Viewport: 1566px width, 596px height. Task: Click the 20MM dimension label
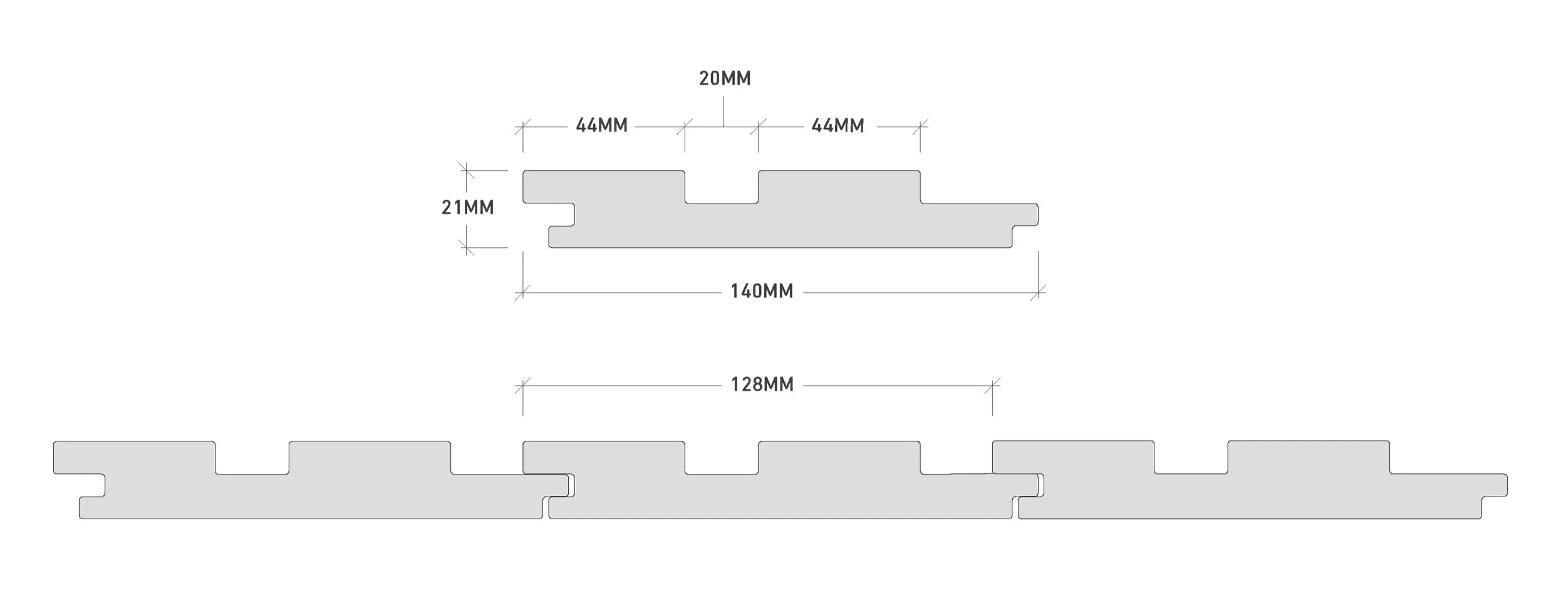725,79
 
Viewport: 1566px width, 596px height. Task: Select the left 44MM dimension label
601,126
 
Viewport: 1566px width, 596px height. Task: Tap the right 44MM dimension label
837,126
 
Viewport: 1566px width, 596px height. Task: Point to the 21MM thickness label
467,207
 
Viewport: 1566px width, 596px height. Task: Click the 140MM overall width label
762,292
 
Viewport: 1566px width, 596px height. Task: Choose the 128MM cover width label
762,384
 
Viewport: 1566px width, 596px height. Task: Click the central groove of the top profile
722,188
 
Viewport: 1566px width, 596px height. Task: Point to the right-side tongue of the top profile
1025,215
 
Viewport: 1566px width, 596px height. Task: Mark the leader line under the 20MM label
723,111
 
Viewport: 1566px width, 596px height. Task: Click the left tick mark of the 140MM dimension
522,292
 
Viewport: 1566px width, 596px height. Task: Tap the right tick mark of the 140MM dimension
1038,292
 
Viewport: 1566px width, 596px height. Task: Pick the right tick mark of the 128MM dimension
992,386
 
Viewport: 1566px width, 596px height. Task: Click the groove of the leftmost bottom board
252,458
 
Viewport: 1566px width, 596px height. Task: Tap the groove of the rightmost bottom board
1191,458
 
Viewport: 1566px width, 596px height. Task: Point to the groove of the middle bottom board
722,458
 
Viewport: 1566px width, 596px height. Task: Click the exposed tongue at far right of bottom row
1494,485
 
